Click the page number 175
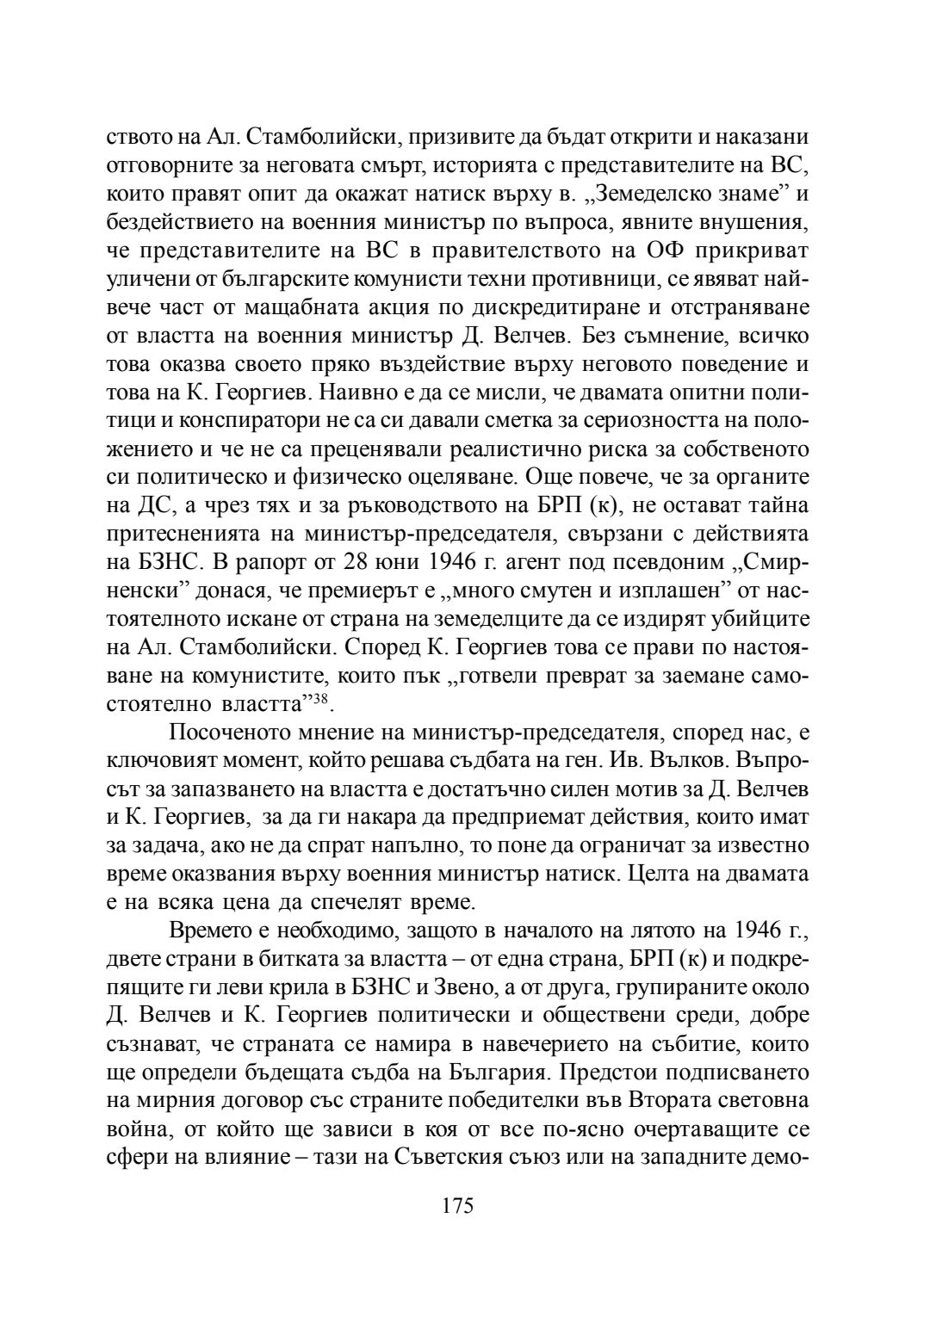click(x=457, y=1206)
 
